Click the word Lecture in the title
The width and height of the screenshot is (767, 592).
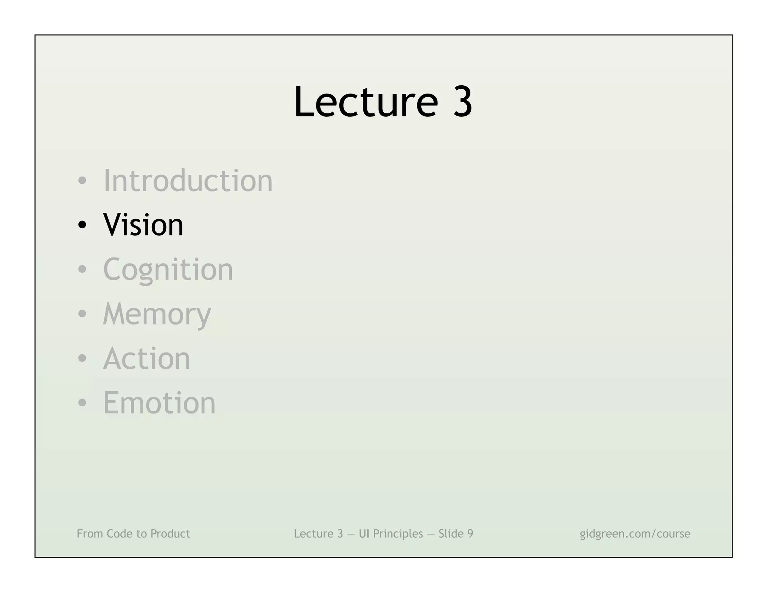[x=366, y=102]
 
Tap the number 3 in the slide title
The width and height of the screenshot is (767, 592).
[x=463, y=102]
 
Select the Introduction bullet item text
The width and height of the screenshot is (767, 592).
[x=188, y=181]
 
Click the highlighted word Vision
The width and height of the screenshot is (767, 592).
[x=143, y=225]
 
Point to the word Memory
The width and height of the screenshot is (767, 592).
[x=157, y=314]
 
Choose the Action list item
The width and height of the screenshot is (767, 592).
[x=146, y=358]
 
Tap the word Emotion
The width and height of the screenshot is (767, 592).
[x=159, y=403]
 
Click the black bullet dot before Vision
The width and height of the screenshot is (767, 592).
[x=82, y=225]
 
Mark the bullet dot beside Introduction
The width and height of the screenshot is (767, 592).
[x=82, y=181]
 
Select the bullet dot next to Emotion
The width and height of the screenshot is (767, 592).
[x=82, y=403]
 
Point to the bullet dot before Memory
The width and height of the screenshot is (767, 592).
[x=82, y=314]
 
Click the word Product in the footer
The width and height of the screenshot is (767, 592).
[x=170, y=534]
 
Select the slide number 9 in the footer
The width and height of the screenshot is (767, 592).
[x=470, y=534]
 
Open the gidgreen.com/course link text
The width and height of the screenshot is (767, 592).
[x=635, y=534]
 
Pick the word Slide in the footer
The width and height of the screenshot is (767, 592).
[x=451, y=534]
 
